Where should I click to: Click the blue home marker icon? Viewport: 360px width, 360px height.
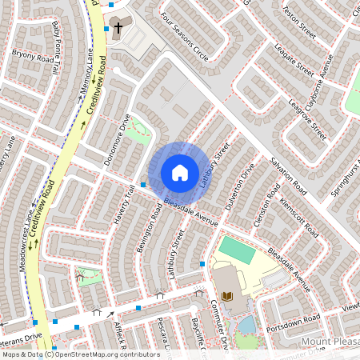180,173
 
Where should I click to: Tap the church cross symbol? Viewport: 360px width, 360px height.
118,28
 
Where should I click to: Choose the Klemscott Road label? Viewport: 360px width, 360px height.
296,212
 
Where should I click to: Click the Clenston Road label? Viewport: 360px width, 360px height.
266,206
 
